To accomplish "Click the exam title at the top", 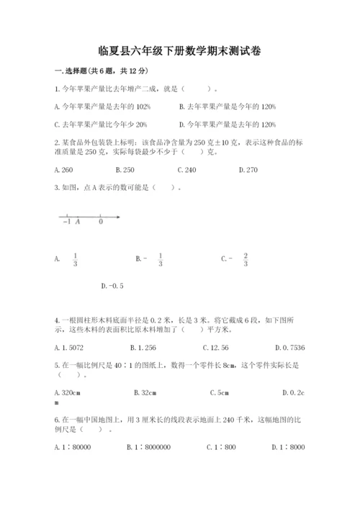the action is pos(179,51).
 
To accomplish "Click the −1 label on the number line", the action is pos(66,222).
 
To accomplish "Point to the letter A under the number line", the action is pos(78,222).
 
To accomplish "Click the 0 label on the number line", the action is pos(100,222).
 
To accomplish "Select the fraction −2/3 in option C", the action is pos(245,259).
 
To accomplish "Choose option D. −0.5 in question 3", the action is pos(113,287).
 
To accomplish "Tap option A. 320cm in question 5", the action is pos(67,393).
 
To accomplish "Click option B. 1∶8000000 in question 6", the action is pos(148,447).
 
